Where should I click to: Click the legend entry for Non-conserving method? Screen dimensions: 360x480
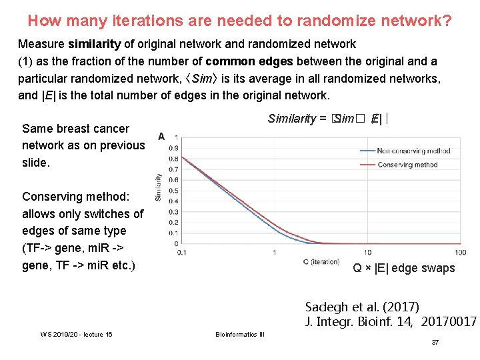click(413, 151)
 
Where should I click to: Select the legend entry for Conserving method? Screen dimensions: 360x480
click(407, 165)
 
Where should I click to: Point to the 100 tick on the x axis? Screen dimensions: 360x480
click(461, 253)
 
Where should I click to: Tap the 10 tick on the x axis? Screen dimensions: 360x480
click(367, 253)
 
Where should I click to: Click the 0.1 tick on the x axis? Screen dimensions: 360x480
click(181, 253)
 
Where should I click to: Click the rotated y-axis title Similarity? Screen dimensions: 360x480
click(159, 187)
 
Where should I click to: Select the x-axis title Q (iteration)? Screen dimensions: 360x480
click(321, 261)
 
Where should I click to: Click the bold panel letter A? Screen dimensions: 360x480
click(161, 137)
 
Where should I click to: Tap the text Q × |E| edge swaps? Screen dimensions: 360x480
click(404, 268)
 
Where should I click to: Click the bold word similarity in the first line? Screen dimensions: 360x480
click(93, 44)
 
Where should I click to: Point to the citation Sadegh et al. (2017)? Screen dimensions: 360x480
click(362, 307)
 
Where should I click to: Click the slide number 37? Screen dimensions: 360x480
click(435, 342)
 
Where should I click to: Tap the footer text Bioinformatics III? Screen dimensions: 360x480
click(239, 334)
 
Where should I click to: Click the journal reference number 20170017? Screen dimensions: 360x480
click(447, 322)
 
